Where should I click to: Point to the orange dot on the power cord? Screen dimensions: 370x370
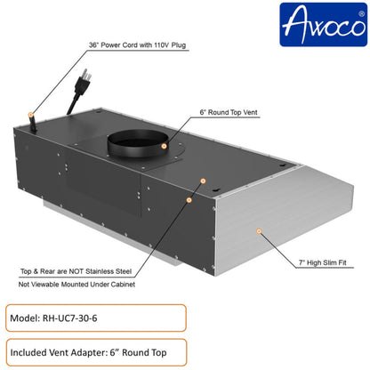(x=31, y=115)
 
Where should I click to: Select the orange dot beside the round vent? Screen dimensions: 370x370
(x=204, y=181)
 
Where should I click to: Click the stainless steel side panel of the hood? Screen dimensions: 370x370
(x=267, y=222)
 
